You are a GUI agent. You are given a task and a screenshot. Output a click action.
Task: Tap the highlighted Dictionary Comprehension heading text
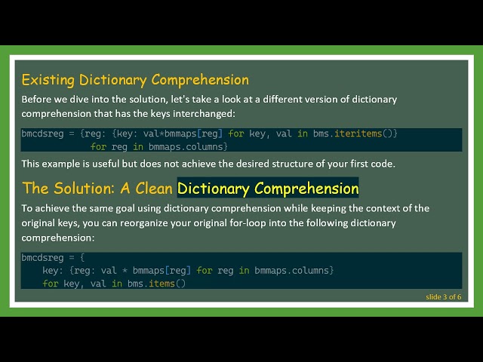[x=268, y=188]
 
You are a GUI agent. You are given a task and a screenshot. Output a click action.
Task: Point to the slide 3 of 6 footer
[x=443, y=296]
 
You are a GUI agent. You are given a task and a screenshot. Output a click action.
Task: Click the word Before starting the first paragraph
[x=36, y=100]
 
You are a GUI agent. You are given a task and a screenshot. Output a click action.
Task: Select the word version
[x=308, y=100]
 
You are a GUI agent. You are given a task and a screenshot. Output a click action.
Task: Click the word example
[x=63, y=163]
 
